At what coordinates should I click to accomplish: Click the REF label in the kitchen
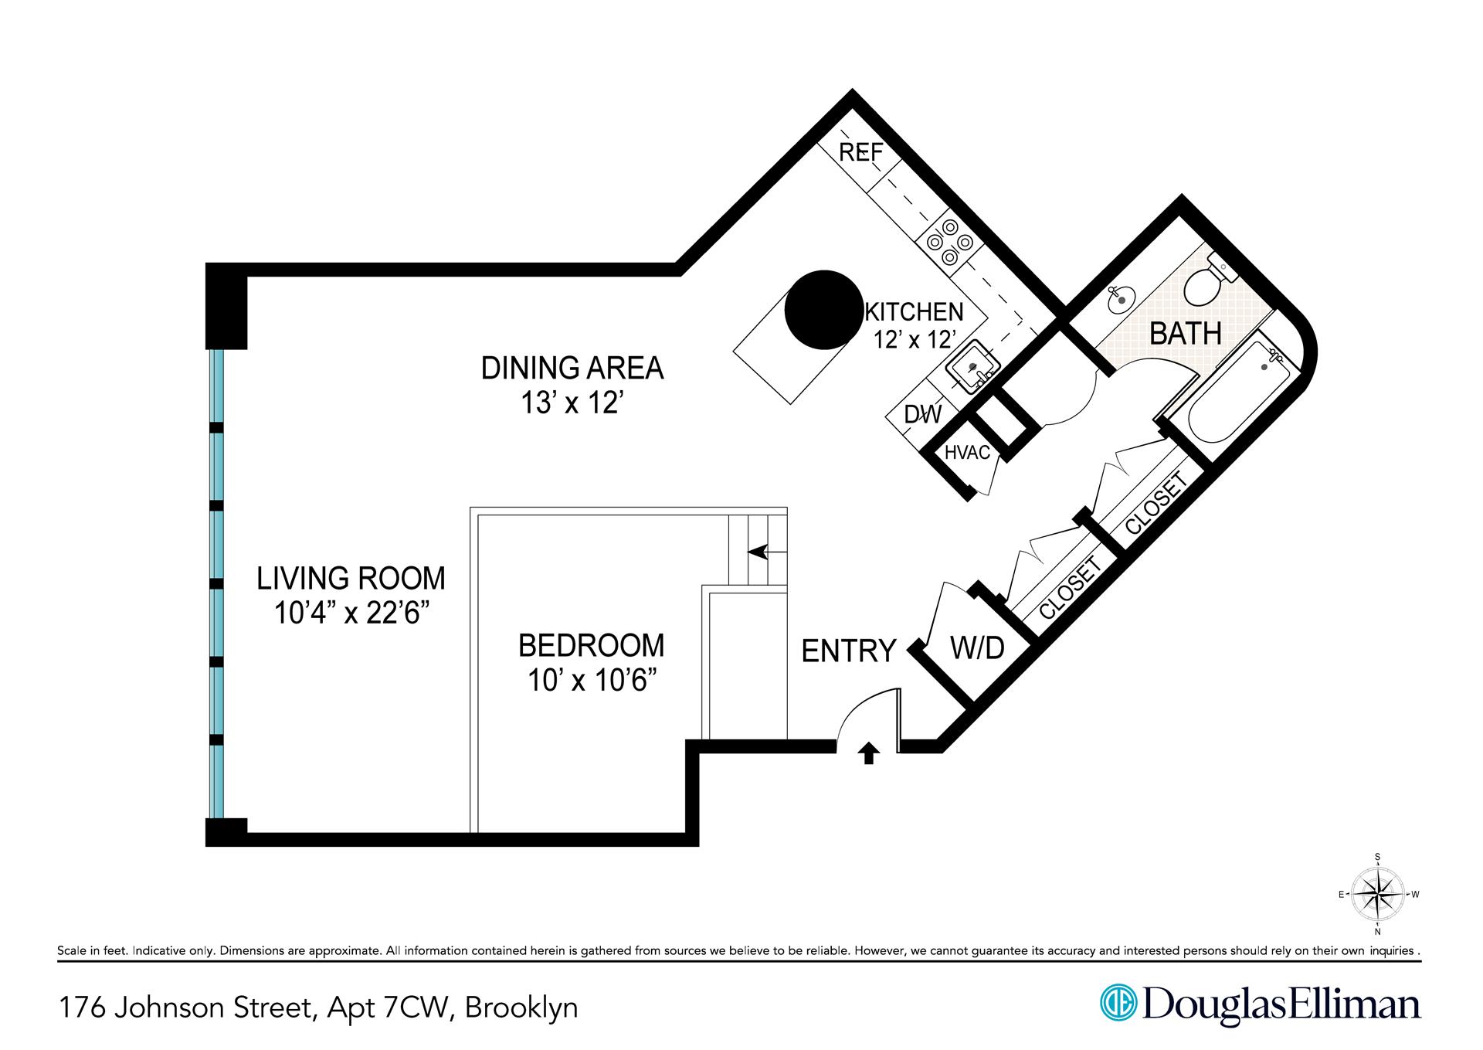click(860, 153)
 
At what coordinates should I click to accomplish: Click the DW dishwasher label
click(923, 415)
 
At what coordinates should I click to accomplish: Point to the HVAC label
click(967, 453)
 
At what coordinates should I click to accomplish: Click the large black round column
click(823, 310)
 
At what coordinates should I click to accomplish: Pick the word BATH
click(1186, 334)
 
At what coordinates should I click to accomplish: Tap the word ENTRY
click(849, 651)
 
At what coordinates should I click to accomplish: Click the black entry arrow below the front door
click(868, 753)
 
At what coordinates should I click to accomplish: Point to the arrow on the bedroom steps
click(769, 552)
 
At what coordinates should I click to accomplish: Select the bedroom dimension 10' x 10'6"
click(592, 681)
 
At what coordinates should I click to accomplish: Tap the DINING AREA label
click(572, 369)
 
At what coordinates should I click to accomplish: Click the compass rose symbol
click(1378, 894)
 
